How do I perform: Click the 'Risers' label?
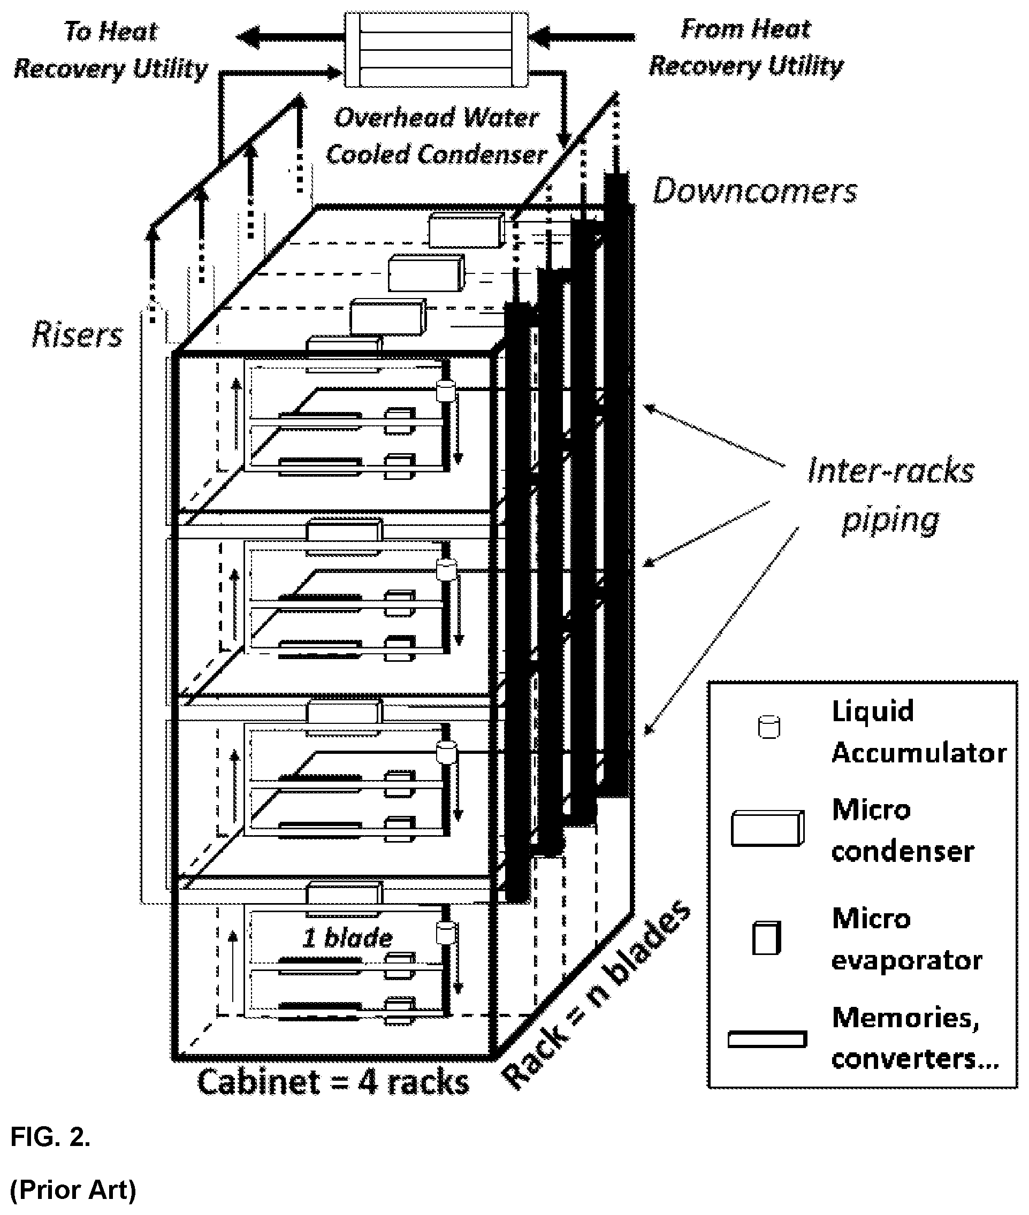click(x=77, y=334)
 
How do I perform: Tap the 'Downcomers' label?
click(x=755, y=191)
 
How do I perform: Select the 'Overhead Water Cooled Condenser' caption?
click(x=436, y=136)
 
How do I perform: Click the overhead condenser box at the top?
click(x=436, y=50)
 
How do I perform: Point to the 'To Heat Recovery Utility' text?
click(x=111, y=50)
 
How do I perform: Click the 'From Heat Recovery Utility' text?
click(x=746, y=47)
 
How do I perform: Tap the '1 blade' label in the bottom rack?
click(x=348, y=938)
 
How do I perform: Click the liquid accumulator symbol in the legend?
click(x=769, y=728)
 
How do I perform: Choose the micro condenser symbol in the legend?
click(x=768, y=828)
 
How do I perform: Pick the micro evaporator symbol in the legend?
click(x=766, y=938)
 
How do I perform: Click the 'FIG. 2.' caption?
click(x=51, y=1137)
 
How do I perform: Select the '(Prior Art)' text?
click(x=73, y=1190)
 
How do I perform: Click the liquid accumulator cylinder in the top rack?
click(x=446, y=390)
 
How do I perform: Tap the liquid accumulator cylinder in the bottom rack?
click(x=446, y=933)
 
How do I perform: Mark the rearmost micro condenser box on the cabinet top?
click(x=466, y=230)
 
